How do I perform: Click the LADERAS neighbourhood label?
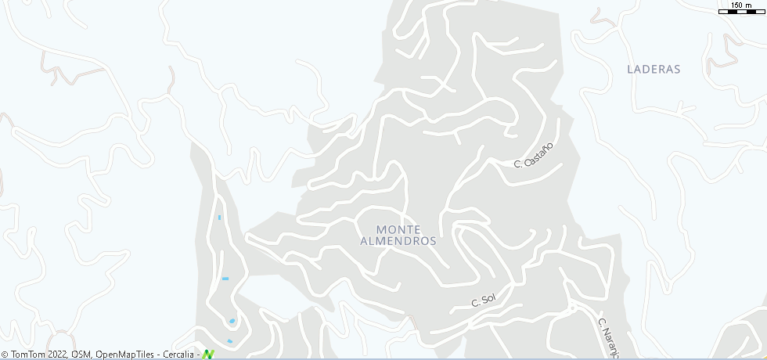pyautogui.click(x=654, y=69)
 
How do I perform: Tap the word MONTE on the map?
pyautogui.click(x=398, y=229)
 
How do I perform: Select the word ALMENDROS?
pyautogui.click(x=398, y=242)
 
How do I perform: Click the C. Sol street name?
pyautogui.click(x=484, y=300)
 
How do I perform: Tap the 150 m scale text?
pyautogui.click(x=741, y=5)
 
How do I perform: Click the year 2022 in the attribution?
pyautogui.click(x=59, y=355)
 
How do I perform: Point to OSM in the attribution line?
pyautogui.click(x=81, y=355)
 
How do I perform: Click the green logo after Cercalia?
pyautogui.click(x=208, y=355)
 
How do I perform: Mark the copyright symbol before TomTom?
pyautogui.click(x=5, y=355)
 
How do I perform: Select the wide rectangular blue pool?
pyautogui.click(x=225, y=279)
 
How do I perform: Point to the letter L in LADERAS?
pyautogui.click(x=630, y=69)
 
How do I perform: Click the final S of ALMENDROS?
pyautogui.click(x=433, y=242)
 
